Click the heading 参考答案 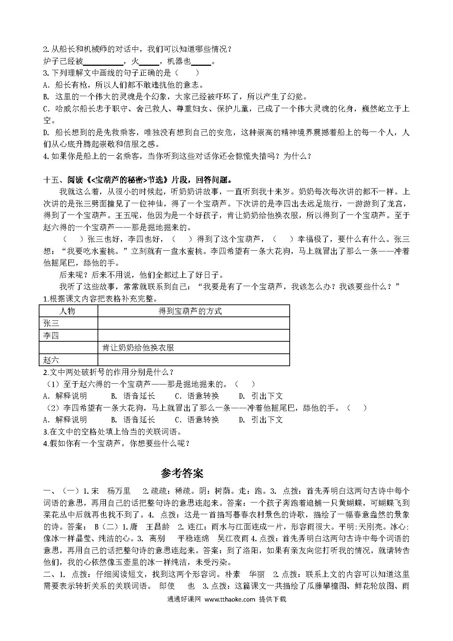(x=182, y=473)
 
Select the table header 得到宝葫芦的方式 (x=190, y=311)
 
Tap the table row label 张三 (x=51, y=323)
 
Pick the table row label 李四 (x=51, y=335)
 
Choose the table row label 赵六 (x=51, y=360)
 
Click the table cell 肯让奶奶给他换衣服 (x=138, y=348)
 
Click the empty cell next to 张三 (x=194, y=323)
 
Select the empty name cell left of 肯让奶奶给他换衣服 (x=68, y=348)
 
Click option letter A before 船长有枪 (x=46, y=85)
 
